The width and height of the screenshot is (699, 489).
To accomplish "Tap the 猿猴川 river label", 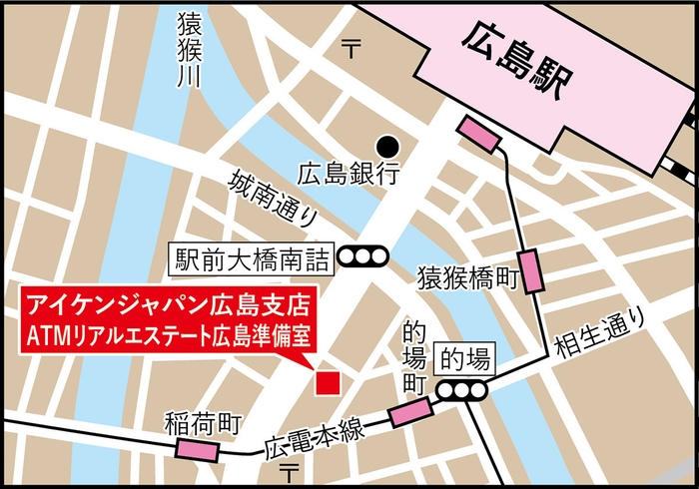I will click(x=186, y=50).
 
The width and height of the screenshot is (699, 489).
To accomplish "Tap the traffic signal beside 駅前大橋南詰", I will click(x=363, y=257).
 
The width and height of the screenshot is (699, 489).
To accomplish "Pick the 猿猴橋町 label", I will click(x=467, y=276).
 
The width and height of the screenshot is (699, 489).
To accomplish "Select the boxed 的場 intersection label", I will click(x=464, y=356).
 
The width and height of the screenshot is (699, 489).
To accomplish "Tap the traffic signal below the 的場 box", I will click(x=464, y=389).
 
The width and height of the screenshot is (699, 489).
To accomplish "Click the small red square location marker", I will click(x=327, y=382).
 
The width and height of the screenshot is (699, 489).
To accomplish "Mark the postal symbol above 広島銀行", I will click(x=351, y=44).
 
